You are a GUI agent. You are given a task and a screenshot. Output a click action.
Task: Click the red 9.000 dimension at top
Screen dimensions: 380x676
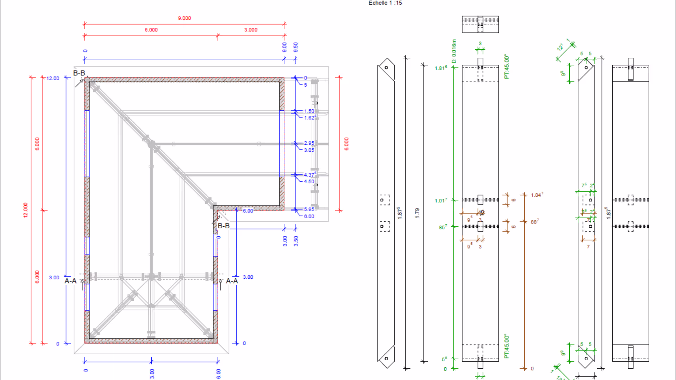184,18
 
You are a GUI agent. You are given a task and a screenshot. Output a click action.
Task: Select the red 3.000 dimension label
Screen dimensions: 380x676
251,30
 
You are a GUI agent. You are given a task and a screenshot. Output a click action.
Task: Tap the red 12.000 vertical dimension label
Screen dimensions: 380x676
25,210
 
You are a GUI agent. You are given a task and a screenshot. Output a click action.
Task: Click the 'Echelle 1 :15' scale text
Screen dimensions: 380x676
385,3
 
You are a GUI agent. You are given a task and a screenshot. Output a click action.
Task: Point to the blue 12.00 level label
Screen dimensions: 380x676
53,78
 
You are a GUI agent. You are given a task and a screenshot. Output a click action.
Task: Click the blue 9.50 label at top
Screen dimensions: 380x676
296,47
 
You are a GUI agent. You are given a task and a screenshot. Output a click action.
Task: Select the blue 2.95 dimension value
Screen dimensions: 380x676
309,143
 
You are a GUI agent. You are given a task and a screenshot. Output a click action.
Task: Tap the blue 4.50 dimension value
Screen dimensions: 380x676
309,182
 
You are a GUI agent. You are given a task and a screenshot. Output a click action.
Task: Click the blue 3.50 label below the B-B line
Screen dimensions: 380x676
296,241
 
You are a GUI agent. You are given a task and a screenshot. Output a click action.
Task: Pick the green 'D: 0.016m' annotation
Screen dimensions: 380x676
454,51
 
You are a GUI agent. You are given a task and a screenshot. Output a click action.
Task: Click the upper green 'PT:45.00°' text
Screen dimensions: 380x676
507,66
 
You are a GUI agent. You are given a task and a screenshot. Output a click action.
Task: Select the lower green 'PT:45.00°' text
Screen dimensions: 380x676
507,347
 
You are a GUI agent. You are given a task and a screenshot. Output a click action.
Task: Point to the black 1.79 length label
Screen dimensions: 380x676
417,213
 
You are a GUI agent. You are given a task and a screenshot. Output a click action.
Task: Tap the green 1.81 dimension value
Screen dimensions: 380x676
440,68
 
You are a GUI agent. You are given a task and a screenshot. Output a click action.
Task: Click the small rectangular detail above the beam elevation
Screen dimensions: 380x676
480,24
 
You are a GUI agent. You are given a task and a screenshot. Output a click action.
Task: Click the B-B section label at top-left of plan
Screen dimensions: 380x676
79,73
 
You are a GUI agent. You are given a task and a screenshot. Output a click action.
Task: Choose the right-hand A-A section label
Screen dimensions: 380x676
232,281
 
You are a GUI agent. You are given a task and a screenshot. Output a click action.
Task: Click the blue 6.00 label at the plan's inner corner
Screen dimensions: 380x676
248,211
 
